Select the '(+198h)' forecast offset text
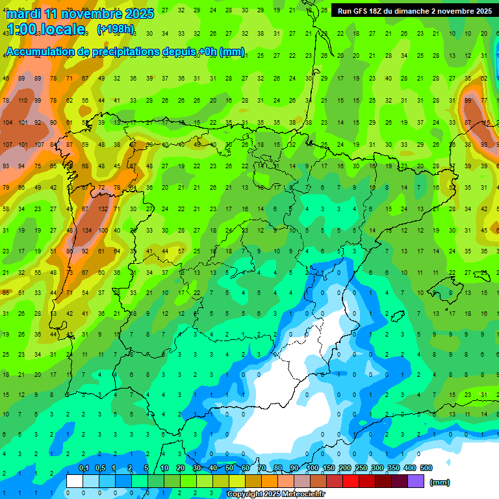click(x=115, y=29)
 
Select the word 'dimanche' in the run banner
click(x=424, y=11)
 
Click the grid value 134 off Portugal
click(x=86, y=231)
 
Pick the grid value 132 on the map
click(x=102, y=209)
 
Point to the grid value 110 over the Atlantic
click(x=23, y=101)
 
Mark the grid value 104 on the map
click(x=7, y=123)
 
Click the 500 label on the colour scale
click(x=426, y=468)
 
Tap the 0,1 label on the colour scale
click(x=83, y=468)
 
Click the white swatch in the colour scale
click(x=74, y=481)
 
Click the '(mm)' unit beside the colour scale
click(x=440, y=482)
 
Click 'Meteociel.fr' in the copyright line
click(x=303, y=494)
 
